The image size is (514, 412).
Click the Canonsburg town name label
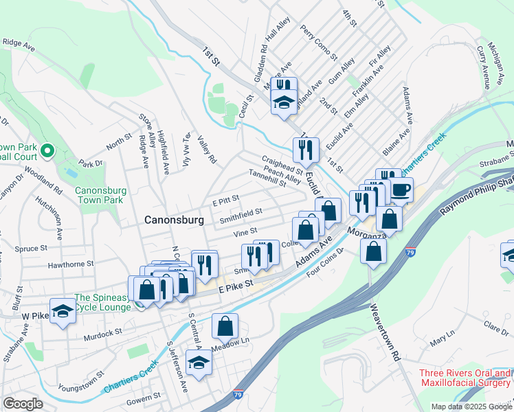[x=174, y=220]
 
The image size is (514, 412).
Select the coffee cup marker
[x=401, y=189]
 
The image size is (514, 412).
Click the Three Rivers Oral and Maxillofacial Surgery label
[x=466, y=378]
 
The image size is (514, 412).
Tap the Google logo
[x=23, y=404]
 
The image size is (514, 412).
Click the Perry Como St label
[x=319, y=42]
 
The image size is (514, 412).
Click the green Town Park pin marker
[x=47, y=150]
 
